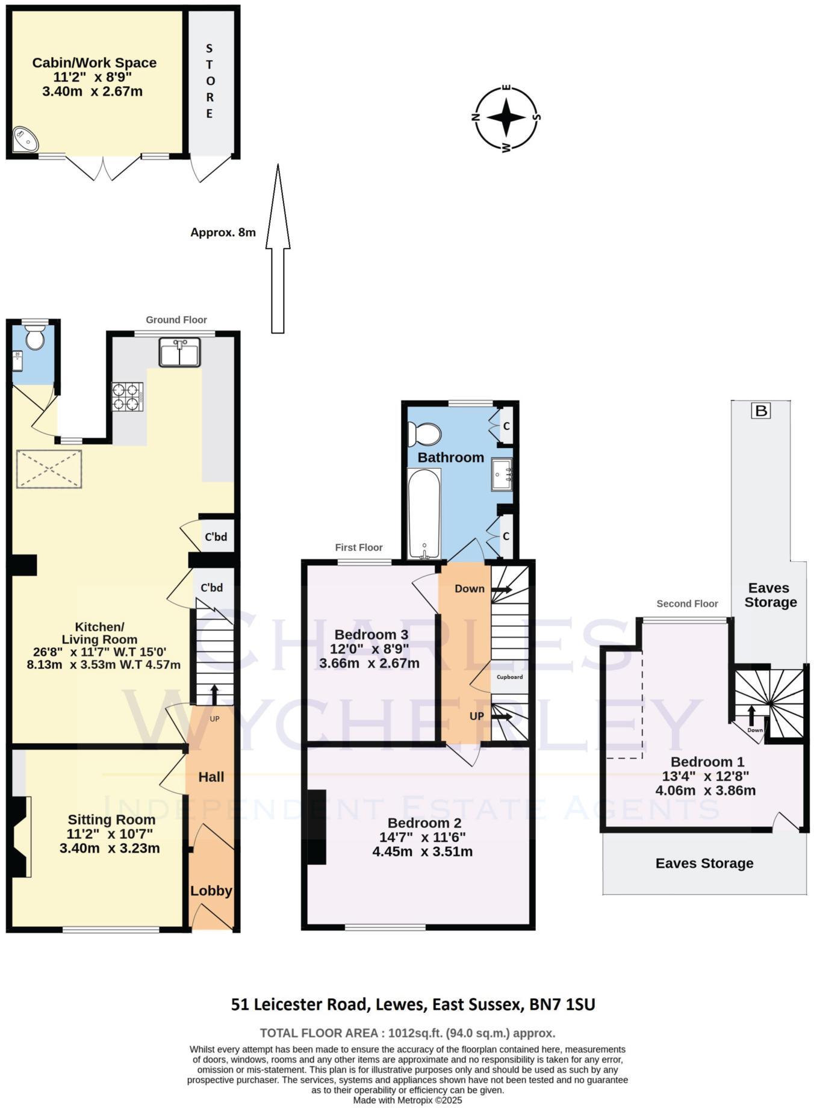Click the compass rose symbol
[x=506, y=117]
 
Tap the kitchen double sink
[x=179, y=352]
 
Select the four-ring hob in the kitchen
[x=128, y=397]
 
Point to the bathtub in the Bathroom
[x=424, y=514]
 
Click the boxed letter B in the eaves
[x=761, y=411]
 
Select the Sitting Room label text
[x=111, y=820]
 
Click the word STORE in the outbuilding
[x=210, y=81]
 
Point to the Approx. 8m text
[x=223, y=232]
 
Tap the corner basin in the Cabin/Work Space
[x=25, y=140]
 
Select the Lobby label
[x=211, y=891]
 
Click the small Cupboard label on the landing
[x=509, y=677]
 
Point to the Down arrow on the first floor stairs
[x=501, y=590]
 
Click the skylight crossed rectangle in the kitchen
[x=49, y=468]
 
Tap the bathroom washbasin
[x=501, y=475]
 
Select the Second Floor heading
[x=687, y=603]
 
